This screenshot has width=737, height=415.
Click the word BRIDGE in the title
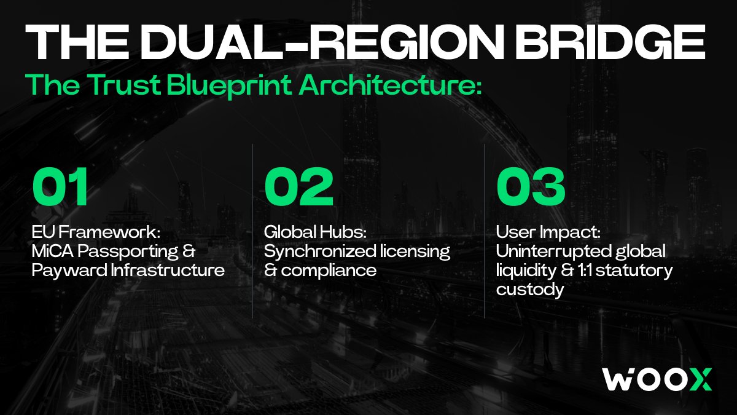point(611,42)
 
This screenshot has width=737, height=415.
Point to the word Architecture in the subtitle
point(390,84)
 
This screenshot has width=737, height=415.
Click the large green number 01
point(60,186)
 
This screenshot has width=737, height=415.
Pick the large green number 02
point(298,186)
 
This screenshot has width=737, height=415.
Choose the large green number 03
point(531,186)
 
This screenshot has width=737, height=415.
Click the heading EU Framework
point(96,232)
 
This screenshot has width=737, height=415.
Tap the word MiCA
point(53,251)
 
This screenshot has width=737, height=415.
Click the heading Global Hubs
point(315,232)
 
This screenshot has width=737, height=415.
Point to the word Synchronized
point(320,251)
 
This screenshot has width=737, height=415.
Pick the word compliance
point(329,271)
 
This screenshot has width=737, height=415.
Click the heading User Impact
point(548,232)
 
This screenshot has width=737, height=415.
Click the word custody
point(530,290)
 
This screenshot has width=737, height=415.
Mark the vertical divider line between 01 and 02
point(252,231)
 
